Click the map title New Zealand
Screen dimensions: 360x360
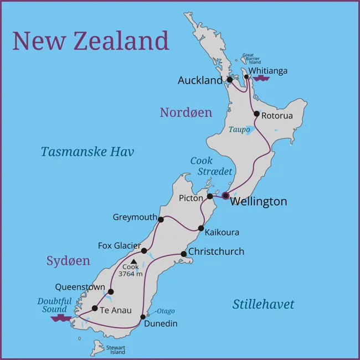click(x=90, y=41)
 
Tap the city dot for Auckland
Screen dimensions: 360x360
click(x=230, y=80)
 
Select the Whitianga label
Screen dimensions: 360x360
click(x=268, y=71)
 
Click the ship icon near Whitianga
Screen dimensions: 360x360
click(x=260, y=79)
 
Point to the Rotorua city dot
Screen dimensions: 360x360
click(x=256, y=114)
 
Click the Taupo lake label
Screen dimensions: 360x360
click(x=239, y=129)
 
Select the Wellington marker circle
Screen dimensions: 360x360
click(x=225, y=196)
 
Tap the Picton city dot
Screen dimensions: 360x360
click(x=210, y=196)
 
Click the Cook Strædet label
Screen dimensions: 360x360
click(x=207, y=166)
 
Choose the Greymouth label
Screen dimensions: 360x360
click(x=135, y=217)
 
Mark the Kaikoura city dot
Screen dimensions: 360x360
click(x=201, y=228)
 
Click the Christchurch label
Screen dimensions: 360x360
click(x=216, y=251)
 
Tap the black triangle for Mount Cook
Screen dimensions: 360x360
click(x=133, y=261)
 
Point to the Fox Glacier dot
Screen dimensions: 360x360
click(x=144, y=251)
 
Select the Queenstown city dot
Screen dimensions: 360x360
click(x=111, y=292)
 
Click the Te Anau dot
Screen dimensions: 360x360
click(x=95, y=308)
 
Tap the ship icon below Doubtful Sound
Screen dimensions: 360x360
click(x=60, y=318)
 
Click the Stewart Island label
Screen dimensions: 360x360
click(x=117, y=350)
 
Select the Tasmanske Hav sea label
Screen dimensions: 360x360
click(x=87, y=152)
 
